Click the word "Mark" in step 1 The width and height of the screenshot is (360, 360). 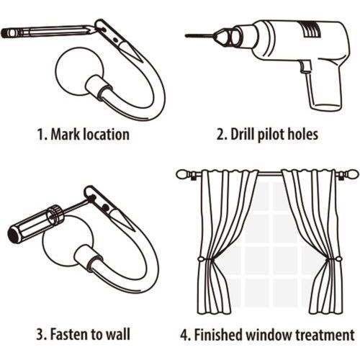(x=66, y=134)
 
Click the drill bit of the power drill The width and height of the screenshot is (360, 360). (x=199, y=36)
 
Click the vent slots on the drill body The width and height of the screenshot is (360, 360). (x=311, y=29)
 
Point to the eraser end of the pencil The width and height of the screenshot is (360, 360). (x=5, y=32)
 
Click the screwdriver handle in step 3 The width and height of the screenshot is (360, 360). (x=35, y=222)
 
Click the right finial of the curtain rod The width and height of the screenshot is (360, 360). (x=351, y=174)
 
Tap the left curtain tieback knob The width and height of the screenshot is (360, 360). (x=200, y=259)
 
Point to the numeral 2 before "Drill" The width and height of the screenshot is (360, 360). (x=220, y=135)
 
